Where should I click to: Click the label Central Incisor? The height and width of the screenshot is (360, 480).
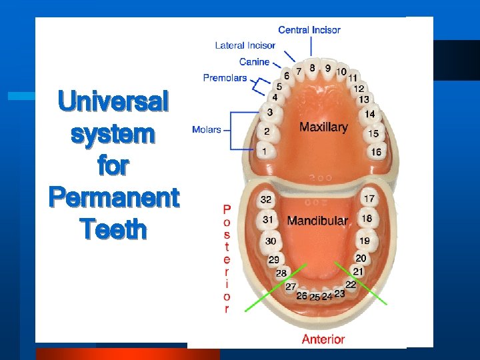[x=309, y=30]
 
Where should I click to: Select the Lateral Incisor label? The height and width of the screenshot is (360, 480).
[x=245, y=46]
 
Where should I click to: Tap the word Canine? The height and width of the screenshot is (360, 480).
[x=254, y=62]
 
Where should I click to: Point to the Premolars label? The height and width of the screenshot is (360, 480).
[x=225, y=78]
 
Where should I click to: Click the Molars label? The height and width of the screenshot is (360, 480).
[x=206, y=129]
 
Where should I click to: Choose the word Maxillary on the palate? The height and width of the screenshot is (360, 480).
[x=323, y=127]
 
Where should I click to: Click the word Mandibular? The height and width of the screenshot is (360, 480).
[x=317, y=220]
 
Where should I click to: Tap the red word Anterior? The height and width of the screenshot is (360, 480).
[x=323, y=339]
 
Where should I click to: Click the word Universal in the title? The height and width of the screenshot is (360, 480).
[x=113, y=102]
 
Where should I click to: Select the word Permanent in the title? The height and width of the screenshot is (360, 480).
[x=113, y=198]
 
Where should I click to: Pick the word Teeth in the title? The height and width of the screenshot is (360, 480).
[x=113, y=229]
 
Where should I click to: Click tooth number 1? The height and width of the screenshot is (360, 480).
[x=266, y=152]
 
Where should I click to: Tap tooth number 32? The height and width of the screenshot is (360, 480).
[x=266, y=199]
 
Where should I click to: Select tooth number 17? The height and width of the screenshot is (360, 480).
[x=369, y=199]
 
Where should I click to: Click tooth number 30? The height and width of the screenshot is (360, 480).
[x=271, y=241]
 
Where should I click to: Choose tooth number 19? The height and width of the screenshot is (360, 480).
[x=365, y=241]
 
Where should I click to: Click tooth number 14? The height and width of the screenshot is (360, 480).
[x=369, y=115]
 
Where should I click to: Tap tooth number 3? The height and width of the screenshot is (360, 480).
[x=269, y=112]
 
